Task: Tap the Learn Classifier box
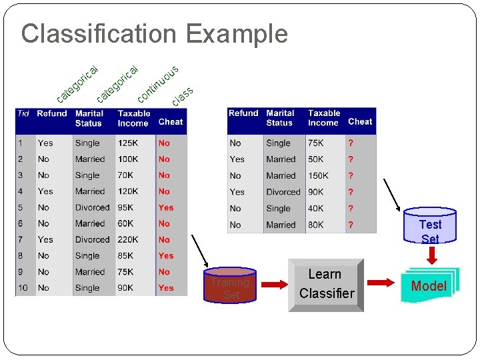point(326,285)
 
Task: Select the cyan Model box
point(429,286)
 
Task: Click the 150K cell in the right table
point(318,175)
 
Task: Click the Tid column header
point(23,113)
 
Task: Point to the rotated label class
point(183,97)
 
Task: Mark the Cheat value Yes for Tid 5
point(166,207)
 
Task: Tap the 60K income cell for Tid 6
point(126,223)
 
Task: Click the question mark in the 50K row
point(351,159)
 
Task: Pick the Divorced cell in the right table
point(283,192)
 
